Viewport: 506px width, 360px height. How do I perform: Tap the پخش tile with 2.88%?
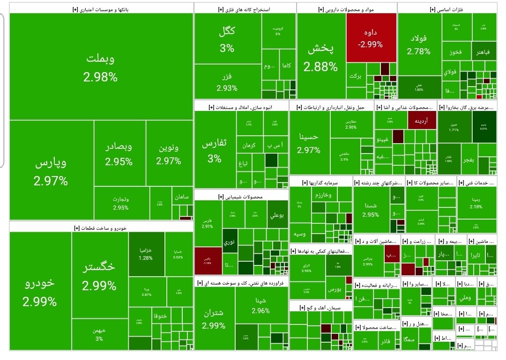(320, 58)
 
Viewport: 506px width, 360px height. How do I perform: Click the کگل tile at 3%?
(227, 39)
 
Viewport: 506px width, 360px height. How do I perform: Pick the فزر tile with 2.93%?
(227, 81)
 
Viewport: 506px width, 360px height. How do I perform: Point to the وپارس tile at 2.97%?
(51, 170)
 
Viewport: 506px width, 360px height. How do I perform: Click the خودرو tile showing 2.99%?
(40, 291)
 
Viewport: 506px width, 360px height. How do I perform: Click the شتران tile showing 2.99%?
(214, 319)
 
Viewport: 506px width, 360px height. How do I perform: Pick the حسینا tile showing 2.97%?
(309, 143)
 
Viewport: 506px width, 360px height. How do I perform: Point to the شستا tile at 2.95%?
(371, 209)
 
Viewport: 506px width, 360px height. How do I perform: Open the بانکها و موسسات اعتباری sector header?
(101, 9)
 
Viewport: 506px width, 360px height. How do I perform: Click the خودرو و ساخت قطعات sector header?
(101, 228)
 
